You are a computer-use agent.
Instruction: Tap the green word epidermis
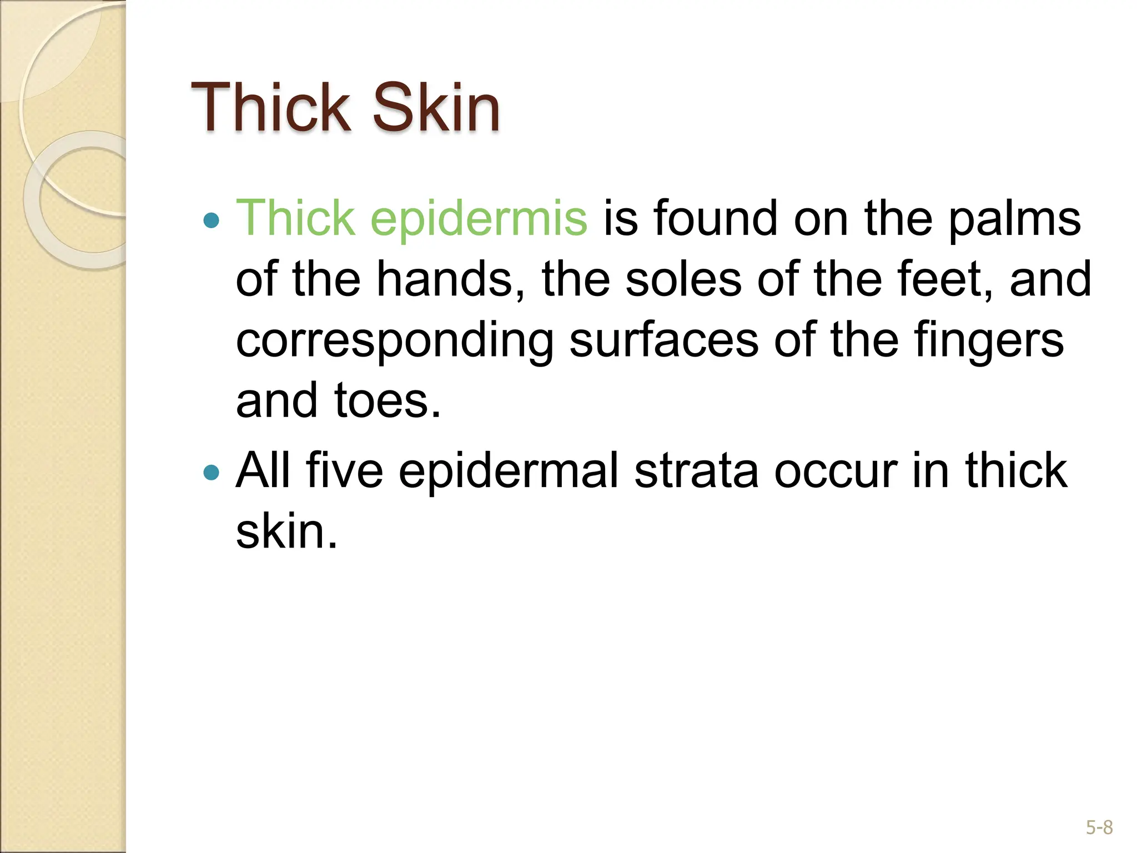click(x=479, y=219)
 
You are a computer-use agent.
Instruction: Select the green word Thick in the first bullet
click(x=295, y=218)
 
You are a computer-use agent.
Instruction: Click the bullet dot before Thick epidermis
click(x=212, y=221)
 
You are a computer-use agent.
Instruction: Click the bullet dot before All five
click(x=212, y=473)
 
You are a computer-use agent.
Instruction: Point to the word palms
click(x=1014, y=219)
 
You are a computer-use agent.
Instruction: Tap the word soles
click(x=683, y=279)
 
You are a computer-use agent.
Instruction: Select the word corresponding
click(x=395, y=340)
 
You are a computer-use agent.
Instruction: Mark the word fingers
click(x=989, y=340)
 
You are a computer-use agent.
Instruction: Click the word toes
click(x=387, y=400)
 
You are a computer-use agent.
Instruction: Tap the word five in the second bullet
click(x=344, y=470)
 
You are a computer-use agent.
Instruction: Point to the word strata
click(x=696, y=471)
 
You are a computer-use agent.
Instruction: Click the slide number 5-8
click(x=1099, y=828)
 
